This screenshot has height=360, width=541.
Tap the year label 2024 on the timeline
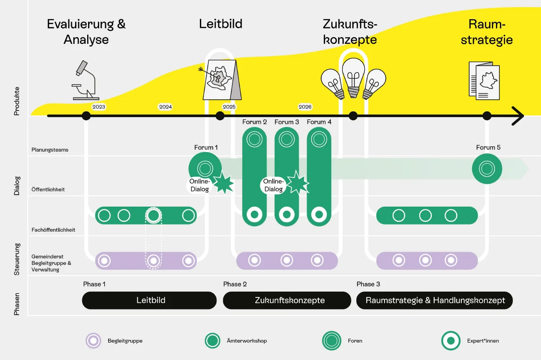pos(165,107)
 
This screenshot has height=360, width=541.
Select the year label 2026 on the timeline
pos(305,107)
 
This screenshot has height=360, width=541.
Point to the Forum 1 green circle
pos(205,168)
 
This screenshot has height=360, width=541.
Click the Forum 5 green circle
pos(487,169)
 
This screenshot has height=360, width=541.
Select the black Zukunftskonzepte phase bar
pos(287,300)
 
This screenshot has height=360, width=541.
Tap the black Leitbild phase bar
pos(150,300)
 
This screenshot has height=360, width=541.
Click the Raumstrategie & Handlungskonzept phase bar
pos(435,300)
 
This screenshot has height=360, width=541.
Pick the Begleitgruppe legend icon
pos(93,341)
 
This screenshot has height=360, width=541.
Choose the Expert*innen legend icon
pos(451,341)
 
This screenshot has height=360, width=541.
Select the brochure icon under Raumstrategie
pos(484,80)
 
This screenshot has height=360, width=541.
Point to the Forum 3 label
pos(287,122)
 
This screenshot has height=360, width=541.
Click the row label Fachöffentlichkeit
pos(53,230)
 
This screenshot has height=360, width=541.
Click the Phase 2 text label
pos(235,284)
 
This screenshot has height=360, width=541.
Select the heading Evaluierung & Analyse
pos(86,31)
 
